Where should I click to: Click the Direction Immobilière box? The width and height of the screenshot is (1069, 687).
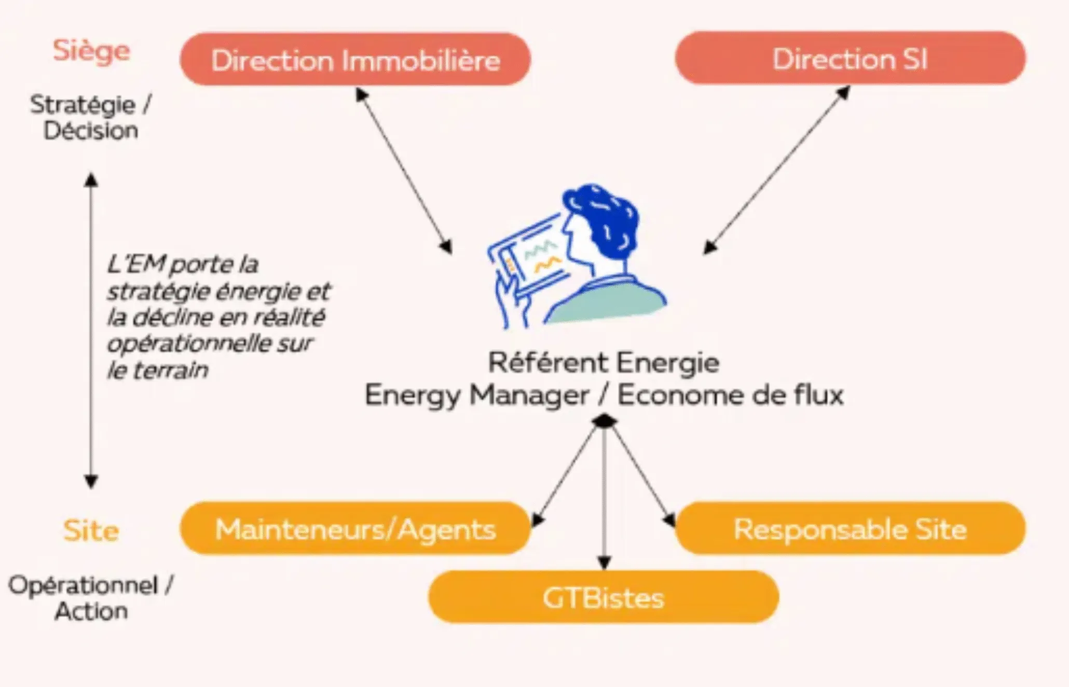tap(355, 60)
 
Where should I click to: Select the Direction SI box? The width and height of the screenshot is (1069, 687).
tap(849, 59)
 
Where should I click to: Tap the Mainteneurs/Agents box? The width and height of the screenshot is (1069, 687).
tap(355, 529)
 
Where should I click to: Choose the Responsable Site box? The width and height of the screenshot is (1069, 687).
tap(849, 529)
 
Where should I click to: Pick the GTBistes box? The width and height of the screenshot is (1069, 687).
tap(603, 597)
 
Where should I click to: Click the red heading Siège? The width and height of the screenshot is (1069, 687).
tap(91, 51)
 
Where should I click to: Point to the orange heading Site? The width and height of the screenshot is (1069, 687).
tap(91, 530)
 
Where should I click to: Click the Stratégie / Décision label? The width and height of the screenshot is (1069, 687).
tap(90, 117)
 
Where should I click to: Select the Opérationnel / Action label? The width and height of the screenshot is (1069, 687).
tap(91, 598)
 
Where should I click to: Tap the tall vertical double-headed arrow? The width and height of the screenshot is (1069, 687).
tap(91, 332)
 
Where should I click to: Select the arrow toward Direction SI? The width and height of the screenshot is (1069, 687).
tap(777, 170)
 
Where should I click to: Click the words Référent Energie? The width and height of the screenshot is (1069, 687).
tap(604, 362)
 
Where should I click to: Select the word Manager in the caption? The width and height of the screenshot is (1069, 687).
tap(529, 396)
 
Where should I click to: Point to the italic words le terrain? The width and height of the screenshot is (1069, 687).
tap(157, 370)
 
